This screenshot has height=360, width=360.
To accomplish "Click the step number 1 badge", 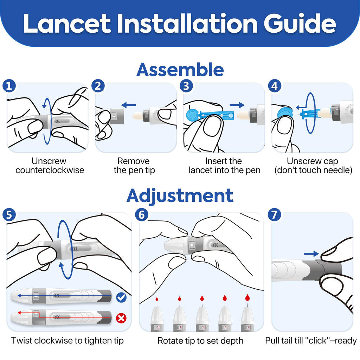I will point(9,86).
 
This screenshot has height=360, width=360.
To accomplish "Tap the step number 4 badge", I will point(275,86).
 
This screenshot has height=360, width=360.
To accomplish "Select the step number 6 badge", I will point(141,215).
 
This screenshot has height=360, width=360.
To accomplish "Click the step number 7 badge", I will point(275,215).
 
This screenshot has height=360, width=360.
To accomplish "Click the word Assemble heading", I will point(180,69).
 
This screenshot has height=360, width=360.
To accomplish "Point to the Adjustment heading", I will point(180,195).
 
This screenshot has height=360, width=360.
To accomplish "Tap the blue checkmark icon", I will point(121,298).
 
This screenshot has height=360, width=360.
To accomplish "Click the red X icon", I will point(121,319).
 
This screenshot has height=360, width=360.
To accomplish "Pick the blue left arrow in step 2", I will point(128,104).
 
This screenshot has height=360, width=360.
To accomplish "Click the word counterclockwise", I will point(50,171).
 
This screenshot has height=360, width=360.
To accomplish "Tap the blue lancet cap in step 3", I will point(191,115).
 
